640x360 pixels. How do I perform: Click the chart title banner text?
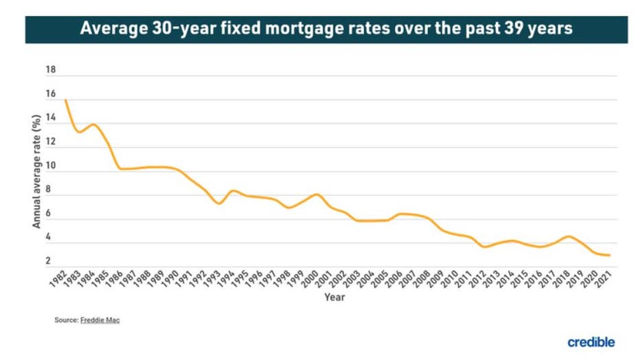(x=326, y=29)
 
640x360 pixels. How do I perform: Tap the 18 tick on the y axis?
(x=51, y=71)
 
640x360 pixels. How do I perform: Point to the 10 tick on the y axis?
(x=51, y=166)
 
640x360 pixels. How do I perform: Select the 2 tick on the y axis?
(x=48, y=261)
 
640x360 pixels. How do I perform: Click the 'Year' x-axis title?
(x=335, y=297)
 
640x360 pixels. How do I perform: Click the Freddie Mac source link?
(x=100, y=320)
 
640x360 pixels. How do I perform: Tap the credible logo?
(x=591, y=341)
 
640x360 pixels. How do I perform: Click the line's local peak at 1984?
(x=93, y=124)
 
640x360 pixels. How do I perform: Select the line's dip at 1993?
(x=218, y=203)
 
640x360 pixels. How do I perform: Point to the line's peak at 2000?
(x=316, y=194)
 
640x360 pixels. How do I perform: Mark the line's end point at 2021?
(x=609, y=256)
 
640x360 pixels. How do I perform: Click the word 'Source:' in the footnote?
(x=67, y=320)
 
